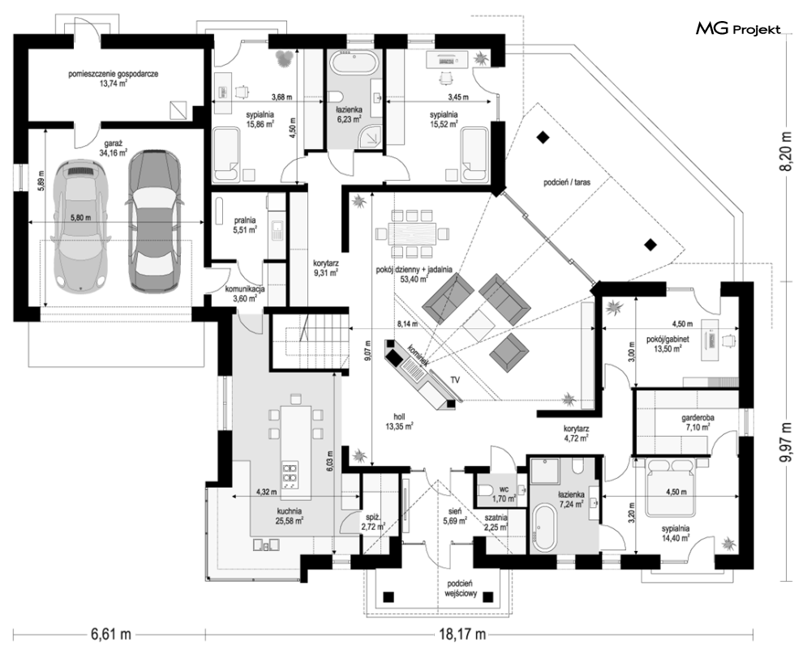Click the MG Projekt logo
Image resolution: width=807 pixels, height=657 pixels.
click(738, 30)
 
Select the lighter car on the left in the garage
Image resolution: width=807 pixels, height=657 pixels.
click(79, 226)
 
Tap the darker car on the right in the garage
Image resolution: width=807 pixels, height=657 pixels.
click(154, 220)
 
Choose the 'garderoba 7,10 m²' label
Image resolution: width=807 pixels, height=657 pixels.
click(698, 420)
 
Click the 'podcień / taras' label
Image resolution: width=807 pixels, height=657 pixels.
click(566, 184)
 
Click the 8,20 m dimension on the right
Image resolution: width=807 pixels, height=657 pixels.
click(785, 151)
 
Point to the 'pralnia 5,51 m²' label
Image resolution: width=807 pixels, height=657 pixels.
click(244, 224)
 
